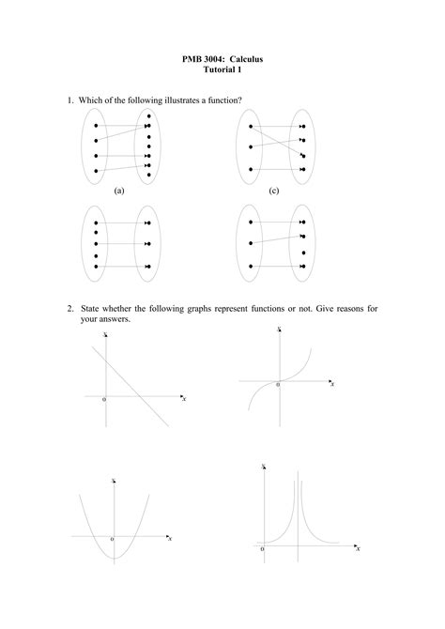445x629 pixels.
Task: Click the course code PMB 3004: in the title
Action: pyautogui.click(x=205, y=59)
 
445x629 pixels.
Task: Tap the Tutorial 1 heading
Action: pyautogui.click(x=222, y=70)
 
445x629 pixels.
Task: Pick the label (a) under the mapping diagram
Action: pyautogui.click(x=119, y=190)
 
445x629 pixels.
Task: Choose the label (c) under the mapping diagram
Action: pyautogui.click(x=274, y=190)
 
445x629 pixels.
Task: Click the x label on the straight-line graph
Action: pyautogui.click(x=185, y=399)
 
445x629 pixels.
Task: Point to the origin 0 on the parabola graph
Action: pyautogui.click(x=111, y=540)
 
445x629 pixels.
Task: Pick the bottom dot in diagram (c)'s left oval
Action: pyautogui.click(x=251, y=170)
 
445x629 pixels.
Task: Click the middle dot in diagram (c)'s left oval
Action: pyautogui.click(x=251, y=146)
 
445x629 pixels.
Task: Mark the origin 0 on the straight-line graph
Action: pyautogui.click(x=104, y=400)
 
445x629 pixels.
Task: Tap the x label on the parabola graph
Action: pyautogui.click(x=170, y=539)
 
